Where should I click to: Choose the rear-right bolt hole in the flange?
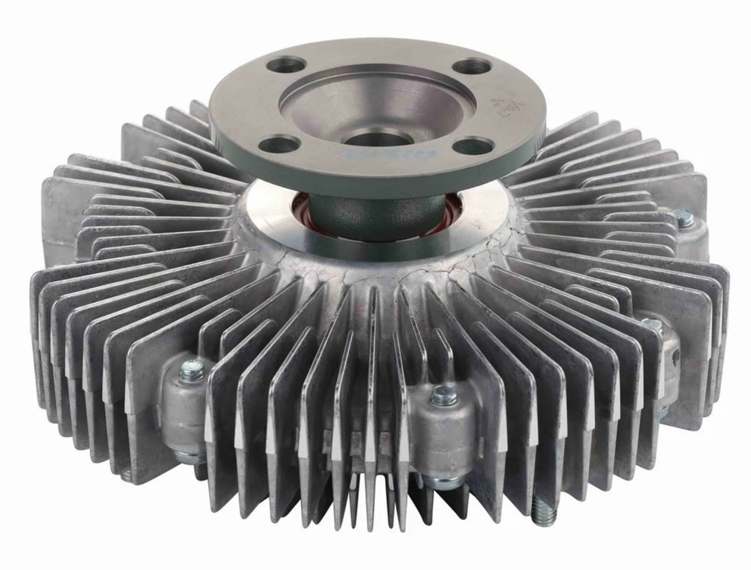[x=469, y=67]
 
